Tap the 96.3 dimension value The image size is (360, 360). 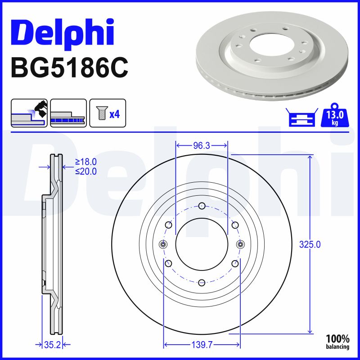click(202, 146)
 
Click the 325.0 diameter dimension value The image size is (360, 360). click(310, 245)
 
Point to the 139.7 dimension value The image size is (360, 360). click(202, 345)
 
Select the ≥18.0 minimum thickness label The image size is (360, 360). click(85, 162)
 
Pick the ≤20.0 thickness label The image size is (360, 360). click(85, 171)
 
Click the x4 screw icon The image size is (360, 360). click(108, 113)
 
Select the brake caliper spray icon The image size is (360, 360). click(29, 113)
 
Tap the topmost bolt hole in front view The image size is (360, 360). click(202, 207)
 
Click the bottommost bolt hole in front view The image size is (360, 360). click(202, 282)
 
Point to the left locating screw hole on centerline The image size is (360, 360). click(163, 244)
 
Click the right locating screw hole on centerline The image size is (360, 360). click(239, 244)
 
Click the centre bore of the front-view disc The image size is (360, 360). click(202, 244)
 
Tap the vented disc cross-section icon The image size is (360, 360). click(68, 113)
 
